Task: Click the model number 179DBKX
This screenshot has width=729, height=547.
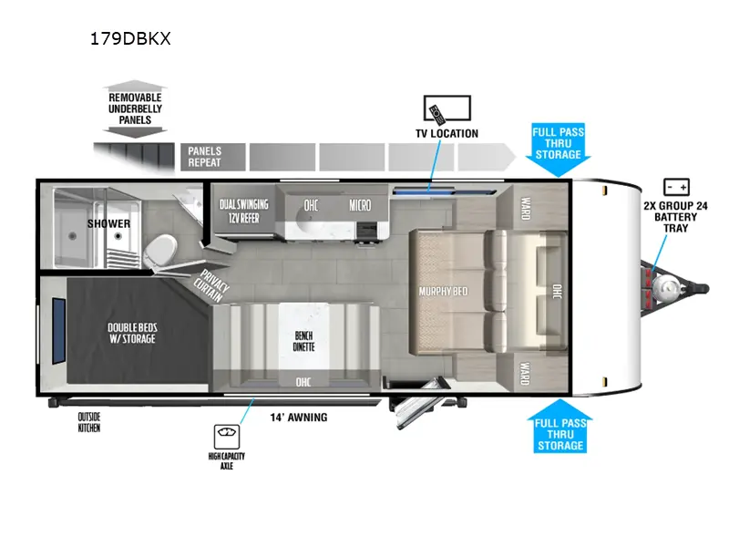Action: [x=130, y=38]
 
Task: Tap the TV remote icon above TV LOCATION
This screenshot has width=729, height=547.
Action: [x=437, y=115]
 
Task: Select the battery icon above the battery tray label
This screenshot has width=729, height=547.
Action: [x=676, y=187]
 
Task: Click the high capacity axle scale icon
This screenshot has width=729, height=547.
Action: [x=227, y=437]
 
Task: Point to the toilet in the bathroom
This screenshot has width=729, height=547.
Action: [x=160, y=252]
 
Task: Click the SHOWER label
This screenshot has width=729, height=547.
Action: [x=108, y=223]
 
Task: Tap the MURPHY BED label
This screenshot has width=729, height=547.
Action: [x=443, y=292]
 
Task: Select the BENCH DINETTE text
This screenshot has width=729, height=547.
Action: [x=303, y=341]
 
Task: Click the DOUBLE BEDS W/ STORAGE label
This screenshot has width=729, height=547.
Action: [x=132, y=333]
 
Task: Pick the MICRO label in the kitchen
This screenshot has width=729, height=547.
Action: [x=360, y=205]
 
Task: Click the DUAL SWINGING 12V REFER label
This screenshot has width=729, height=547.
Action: [x=244, y=211]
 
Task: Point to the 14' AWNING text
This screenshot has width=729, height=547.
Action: [x=299, y=418]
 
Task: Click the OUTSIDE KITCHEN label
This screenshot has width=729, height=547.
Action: [x=88, y=422]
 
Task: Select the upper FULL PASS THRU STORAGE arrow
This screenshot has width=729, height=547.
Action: [x=558, y=150]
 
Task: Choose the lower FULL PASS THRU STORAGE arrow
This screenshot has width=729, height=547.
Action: [x=560, y=426]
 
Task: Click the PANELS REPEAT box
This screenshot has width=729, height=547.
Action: [x=213, y=157]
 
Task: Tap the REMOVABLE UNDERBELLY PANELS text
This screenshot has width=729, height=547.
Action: [x=135, y=108]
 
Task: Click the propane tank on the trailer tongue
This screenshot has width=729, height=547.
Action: [x=666, y=288]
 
